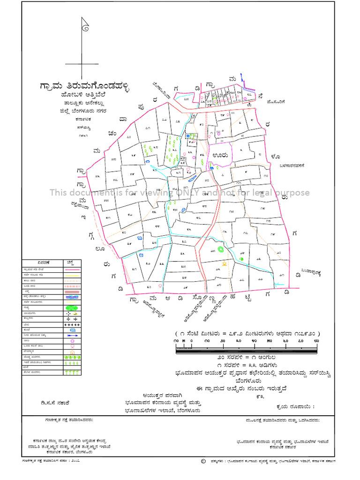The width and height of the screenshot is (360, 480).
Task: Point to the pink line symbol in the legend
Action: coord(71,270)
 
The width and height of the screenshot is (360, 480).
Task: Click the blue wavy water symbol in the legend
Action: coord(71,297)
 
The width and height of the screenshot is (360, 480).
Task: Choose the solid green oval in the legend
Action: coord(71,308)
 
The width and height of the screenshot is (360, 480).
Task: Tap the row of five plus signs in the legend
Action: coord(71,324)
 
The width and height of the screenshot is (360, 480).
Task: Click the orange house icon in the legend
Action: coord(72,352)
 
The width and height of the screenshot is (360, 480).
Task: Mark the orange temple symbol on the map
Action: coord(224,264)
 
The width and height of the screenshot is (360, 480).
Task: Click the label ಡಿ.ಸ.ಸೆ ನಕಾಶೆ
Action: coord(55,402)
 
